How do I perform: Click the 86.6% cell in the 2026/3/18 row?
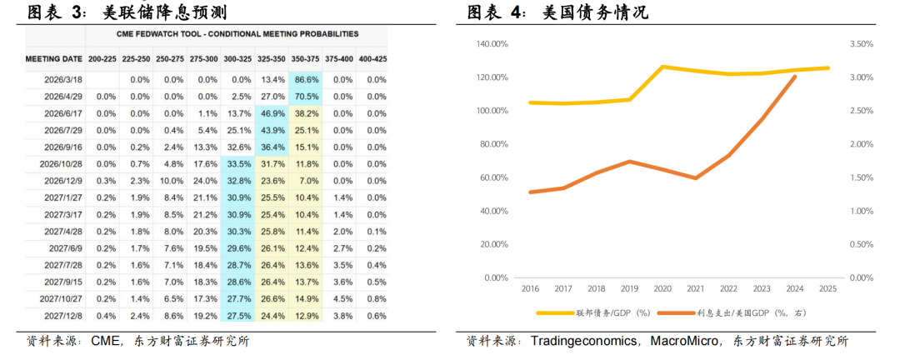tap(306, 80)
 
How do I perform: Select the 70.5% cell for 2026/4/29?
tap(306, 97)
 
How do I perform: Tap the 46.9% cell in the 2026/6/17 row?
tap(272, 113)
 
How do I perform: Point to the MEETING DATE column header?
tap(53, 59)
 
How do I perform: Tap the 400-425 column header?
tap(372, 59)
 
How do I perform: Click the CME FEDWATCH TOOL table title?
tap(237, 34)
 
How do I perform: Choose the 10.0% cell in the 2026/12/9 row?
tap(172, 181)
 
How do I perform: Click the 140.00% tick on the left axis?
tap(492, 44)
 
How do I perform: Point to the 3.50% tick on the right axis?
tap(861, 44)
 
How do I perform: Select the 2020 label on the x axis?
tap(662, 288)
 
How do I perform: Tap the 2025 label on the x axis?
tap(828, 288)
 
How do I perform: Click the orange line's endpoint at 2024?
tap(795, 77)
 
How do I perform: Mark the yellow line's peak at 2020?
tap(662, 66)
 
